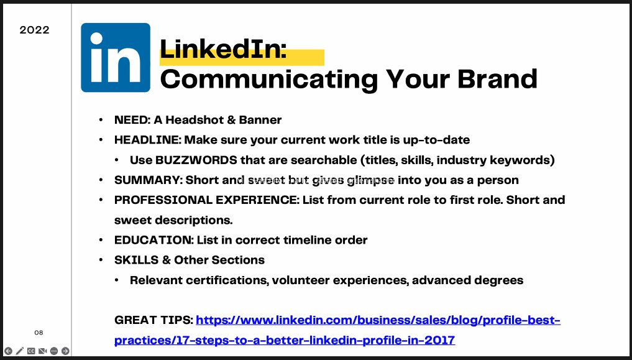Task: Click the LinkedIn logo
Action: pyautogui.click(x=116, y=58)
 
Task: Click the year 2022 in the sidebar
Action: pyautogui.click(x=34, y=30)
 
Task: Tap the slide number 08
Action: pyautogui.click(x=39, y=333)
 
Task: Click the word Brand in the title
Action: pyautogui.click(x=497, y=79)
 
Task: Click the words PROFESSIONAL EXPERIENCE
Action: pyautogui.click(x=206, y=200)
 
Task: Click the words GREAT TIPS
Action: pyautogui.click(x=153, y=320)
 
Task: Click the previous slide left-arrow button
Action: pyautogui.click(x=8, y=351)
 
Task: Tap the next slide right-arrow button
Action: pyautogui.click(x=65, y=351)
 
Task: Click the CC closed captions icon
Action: pyautogui.click(x=31, y=351)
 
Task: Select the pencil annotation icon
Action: pyautogui.click(x=20, y=351)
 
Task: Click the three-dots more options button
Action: pyautogui.click(x=54, y=351)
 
